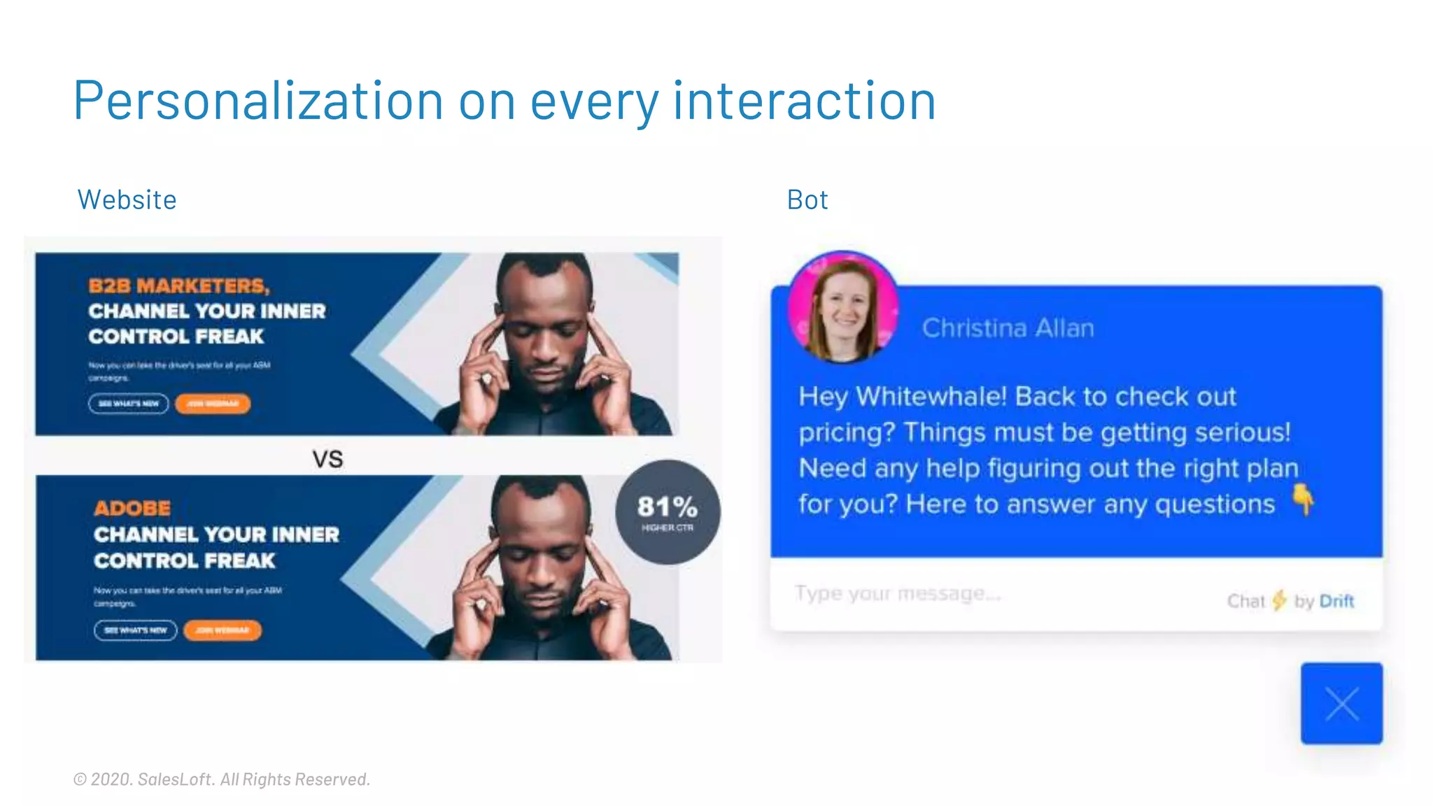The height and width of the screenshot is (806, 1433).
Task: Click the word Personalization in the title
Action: (257, 101)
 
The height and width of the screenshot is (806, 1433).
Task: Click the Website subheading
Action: (127, 200)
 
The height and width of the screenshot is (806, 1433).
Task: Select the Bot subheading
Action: (807, 200)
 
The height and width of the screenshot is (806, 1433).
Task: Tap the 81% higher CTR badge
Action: (668, 512)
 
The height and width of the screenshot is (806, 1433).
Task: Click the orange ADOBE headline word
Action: (132, 508)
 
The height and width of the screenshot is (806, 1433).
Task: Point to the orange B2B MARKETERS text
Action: (178, 285)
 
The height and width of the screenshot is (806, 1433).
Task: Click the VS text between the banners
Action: (327, 459)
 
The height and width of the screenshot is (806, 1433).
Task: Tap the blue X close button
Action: (1341, 703)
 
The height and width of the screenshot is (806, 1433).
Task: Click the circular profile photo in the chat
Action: (843, 308)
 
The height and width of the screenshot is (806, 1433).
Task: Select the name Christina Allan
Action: (1008, 328)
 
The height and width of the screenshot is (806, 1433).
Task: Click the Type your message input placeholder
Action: (898, 594)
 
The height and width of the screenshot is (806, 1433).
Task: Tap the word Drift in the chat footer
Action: (1336, 601)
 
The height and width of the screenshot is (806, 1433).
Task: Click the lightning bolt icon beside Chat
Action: (1279, 600)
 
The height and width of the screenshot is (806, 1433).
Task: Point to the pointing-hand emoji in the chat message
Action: (1302, 500)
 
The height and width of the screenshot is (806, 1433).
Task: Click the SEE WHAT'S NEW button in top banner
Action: (129, 404)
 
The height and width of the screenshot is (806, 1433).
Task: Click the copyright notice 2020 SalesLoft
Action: (221, 779)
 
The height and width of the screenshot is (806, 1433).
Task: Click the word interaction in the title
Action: (804, 101)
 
